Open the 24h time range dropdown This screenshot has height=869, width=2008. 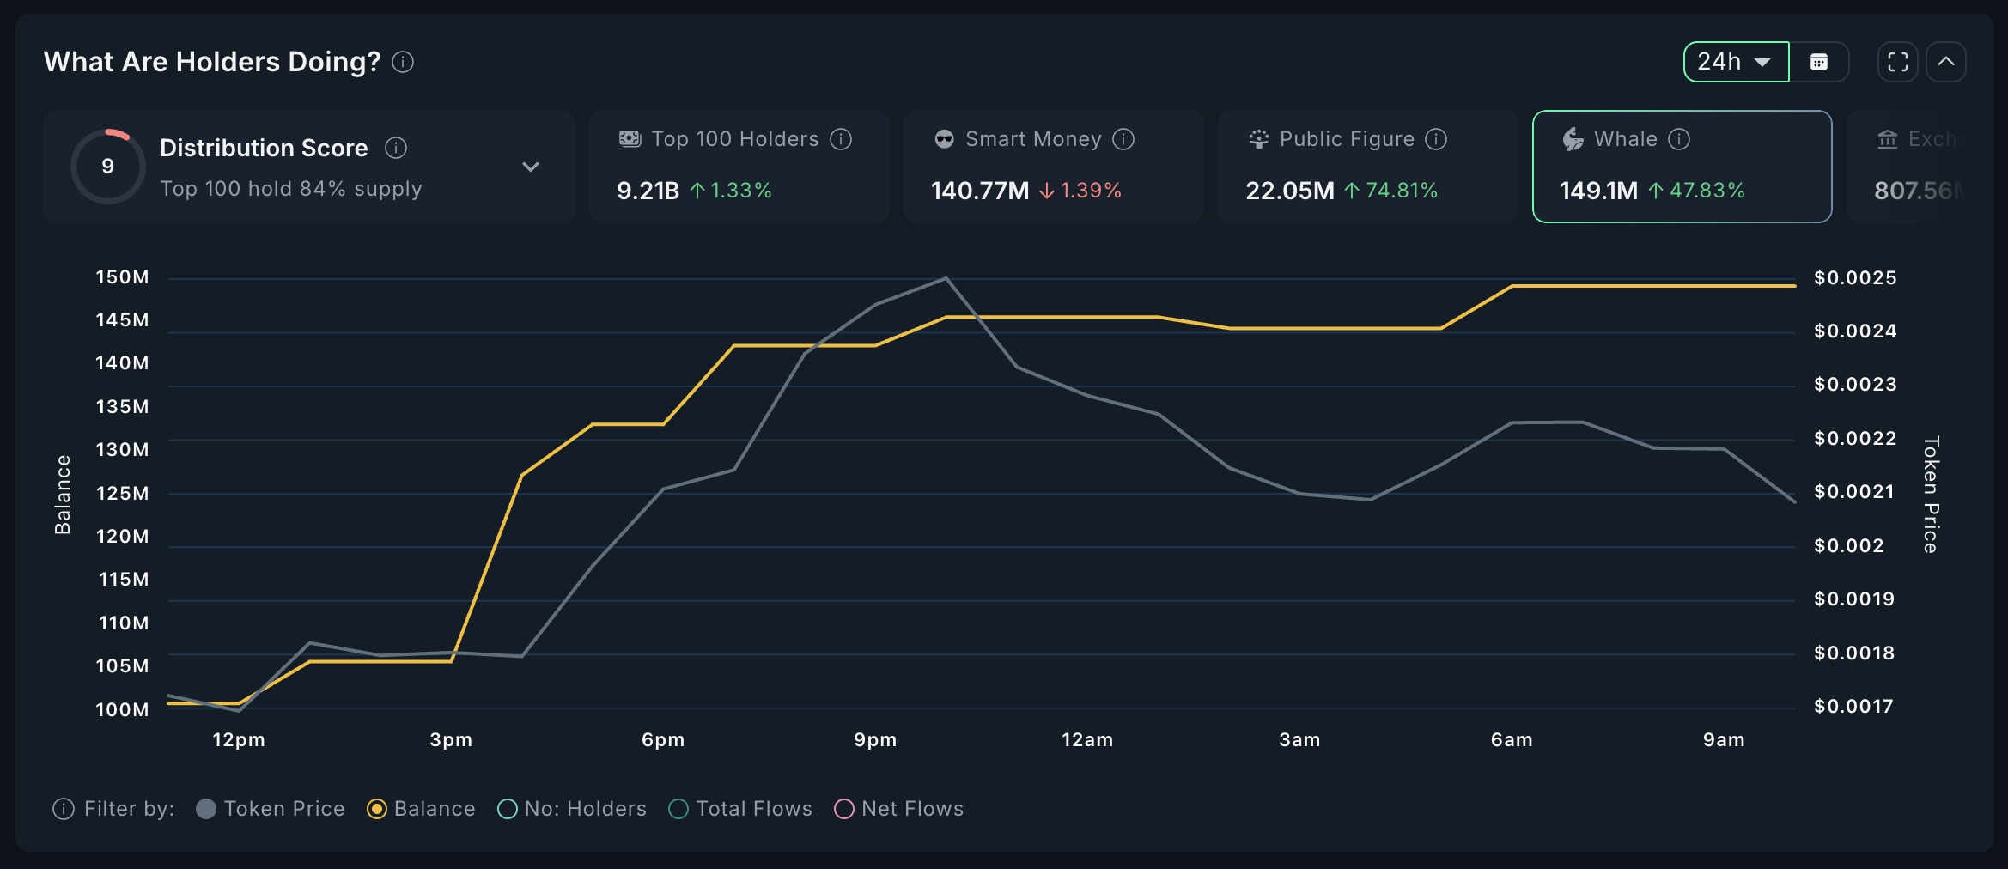pos(1735,62)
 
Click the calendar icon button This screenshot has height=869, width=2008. pos(1819,62)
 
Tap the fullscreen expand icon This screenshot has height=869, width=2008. pos(1897,62)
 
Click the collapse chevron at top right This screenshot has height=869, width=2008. pos(1946,62)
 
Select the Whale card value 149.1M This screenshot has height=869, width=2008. pos(1598,190)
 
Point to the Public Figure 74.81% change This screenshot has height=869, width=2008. pos(1391,190)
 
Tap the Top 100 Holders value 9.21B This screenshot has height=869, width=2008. pos(648,190)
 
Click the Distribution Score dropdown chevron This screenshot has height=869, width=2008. pos(531,167)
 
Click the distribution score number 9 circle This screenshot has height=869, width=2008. pos(107,166)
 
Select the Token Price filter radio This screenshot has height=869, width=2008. pos(206,809)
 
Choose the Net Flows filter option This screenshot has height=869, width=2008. pos(844,809)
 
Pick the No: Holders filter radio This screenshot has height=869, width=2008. pos(508,809)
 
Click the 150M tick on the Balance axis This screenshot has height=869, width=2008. pos(122,277)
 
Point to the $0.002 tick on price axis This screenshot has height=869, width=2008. pos(1848,545)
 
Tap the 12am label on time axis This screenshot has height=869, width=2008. pos(1087,740)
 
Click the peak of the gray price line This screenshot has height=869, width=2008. pos(946,278)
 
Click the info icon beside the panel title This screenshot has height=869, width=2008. pos(403,62)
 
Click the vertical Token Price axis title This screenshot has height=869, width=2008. pos(1931,494)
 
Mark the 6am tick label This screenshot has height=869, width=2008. pos(1512,740)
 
